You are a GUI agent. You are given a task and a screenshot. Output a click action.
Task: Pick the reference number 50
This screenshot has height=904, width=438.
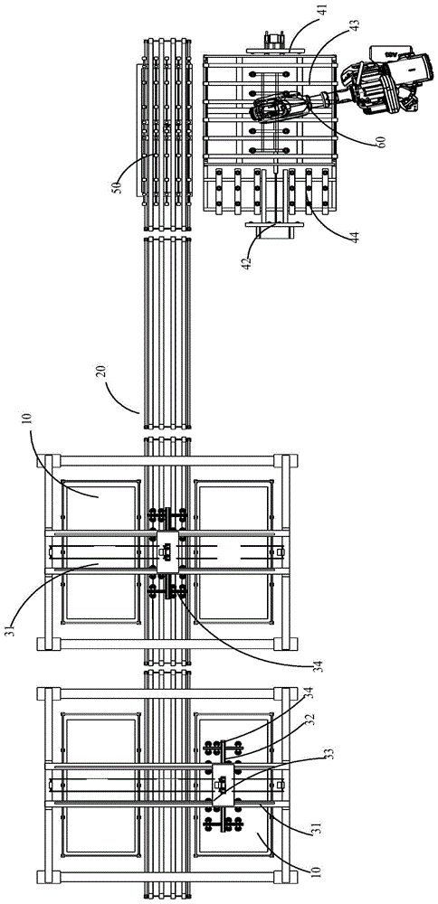pos(119,186)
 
